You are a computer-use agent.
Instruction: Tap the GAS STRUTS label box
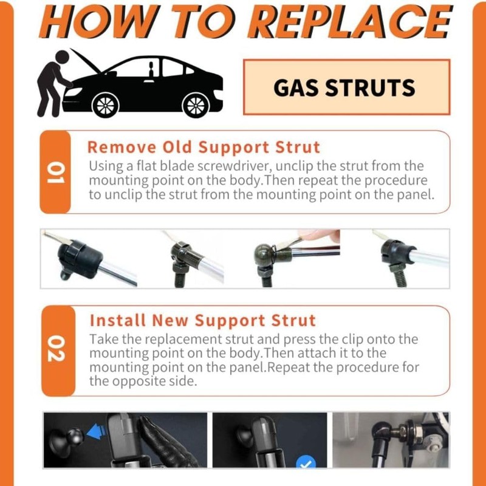[x=346, y=87]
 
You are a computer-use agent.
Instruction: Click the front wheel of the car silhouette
[x=105, y=105]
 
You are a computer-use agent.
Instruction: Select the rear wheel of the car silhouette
[x=196, y=105]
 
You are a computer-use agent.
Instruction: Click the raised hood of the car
[x=85, y=60]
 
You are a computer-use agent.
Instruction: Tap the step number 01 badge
[x=55, y=172]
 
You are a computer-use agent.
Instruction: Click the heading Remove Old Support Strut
[x=204, y=147]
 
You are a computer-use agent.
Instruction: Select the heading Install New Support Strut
[x=203, y=320]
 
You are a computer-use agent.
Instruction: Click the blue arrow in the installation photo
[x=96, y=432]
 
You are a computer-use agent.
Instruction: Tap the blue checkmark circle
[x=306, y=462]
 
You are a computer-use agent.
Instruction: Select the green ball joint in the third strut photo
[x=264, y=253]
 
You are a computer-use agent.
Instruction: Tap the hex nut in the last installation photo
[x=412, y=430]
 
